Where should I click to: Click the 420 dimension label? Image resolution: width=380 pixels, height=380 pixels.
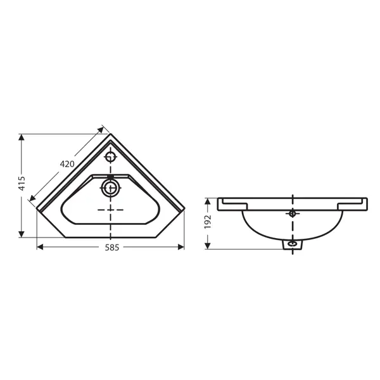coord(67,164)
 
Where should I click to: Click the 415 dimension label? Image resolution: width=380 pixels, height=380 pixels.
coord(22,183)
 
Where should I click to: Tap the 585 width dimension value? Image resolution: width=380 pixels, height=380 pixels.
coord(112,248)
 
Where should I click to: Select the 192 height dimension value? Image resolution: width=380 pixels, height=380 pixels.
coord(208,222)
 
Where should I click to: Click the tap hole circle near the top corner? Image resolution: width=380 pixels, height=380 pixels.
coord(110,157)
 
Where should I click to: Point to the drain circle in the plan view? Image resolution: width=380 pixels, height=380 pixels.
coord(110,188)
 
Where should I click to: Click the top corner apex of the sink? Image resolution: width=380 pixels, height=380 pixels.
coord(110,134)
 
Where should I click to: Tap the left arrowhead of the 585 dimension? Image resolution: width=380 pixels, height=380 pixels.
coord(40,247)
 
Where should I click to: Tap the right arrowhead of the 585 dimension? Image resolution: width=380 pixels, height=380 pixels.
coord(180,247)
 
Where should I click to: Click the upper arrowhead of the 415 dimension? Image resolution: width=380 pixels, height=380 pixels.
coord(22,137)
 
